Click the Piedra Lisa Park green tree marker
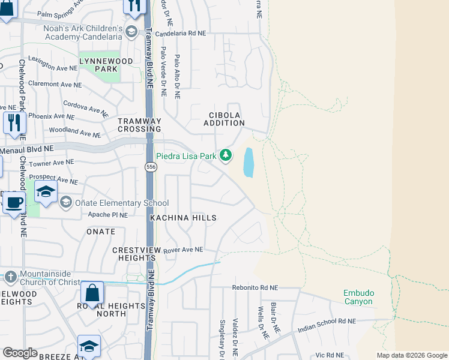point(226,156)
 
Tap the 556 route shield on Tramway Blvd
point(151,167)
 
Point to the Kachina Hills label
point(183,218)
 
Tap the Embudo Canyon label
point(359,297)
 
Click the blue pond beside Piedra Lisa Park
point(249,163)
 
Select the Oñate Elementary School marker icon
point(65,203)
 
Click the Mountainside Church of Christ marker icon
point(10,277)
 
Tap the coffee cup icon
point(14,202)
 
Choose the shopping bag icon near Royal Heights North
point(92,293)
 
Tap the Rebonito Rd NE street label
point(256,288)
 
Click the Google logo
point(20,353)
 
